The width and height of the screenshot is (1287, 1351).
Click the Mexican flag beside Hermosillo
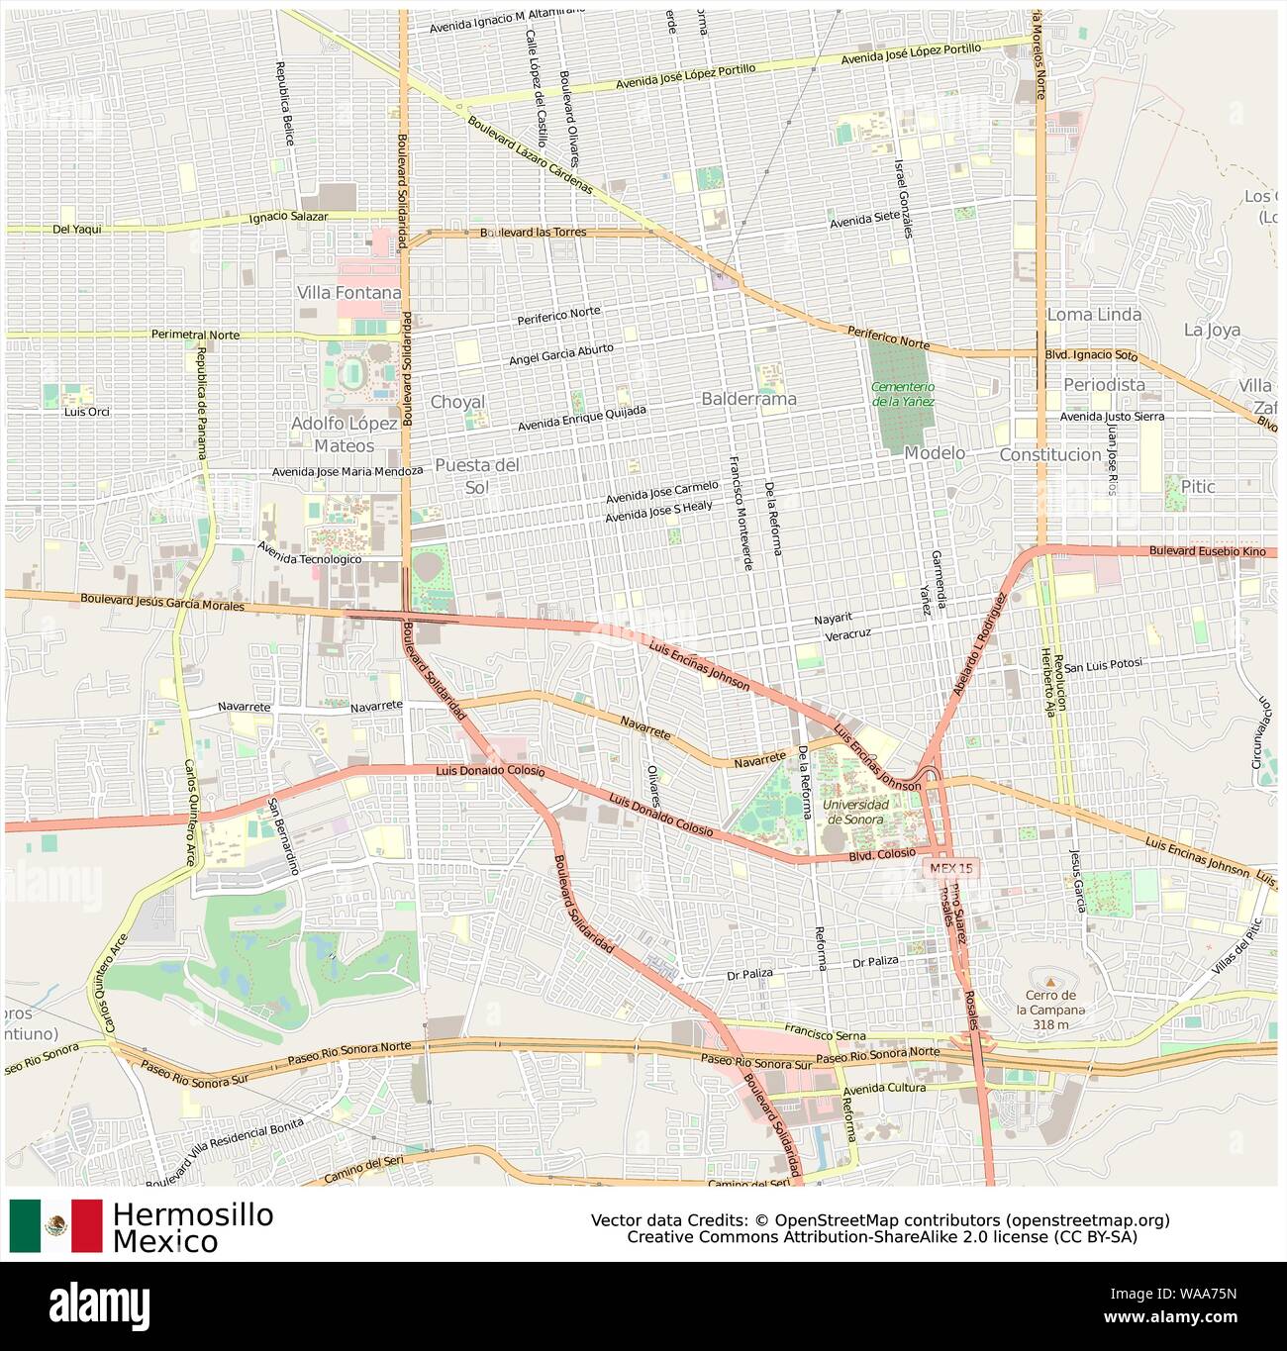coord(55,1225)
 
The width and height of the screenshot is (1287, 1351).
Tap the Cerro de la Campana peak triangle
coord(1050,982)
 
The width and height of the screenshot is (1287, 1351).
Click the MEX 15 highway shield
coord(952,867)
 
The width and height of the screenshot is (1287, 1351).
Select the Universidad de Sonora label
coord(855,811)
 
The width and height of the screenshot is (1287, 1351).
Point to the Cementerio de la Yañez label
coord(903,393)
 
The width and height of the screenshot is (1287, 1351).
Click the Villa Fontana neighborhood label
coord(349,293)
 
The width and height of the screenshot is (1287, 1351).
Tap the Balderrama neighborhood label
coord(748,399)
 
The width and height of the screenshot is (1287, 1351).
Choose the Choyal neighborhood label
coord(457,402)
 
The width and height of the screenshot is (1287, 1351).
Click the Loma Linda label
coord(1094,315)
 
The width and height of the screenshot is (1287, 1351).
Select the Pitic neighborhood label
coord(1196,486)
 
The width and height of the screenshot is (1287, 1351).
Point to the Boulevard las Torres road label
coord(533,233)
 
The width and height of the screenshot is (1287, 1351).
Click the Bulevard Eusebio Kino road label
coord(1207,550)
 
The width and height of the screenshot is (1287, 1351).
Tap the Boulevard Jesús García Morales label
coord(162,602)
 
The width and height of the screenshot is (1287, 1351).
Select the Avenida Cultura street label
coord(884,1088)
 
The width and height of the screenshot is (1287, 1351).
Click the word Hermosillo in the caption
coord(192,1214)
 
